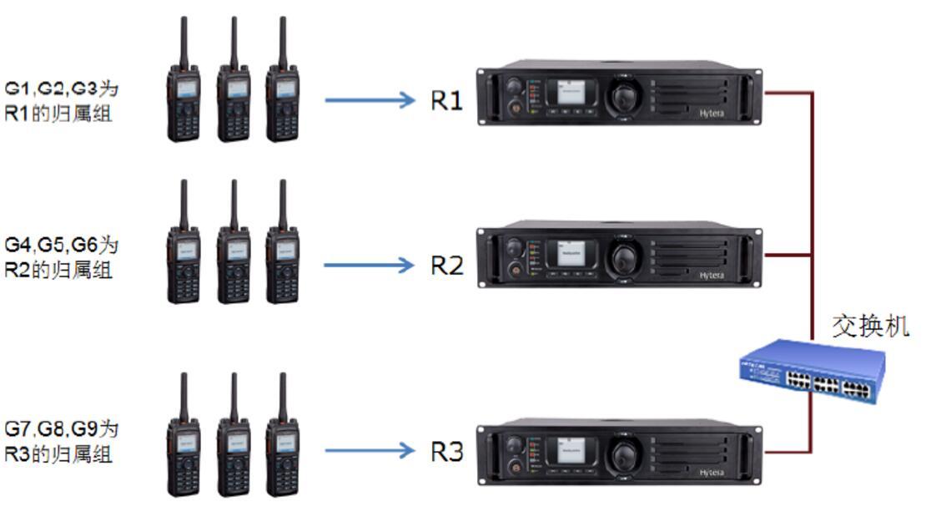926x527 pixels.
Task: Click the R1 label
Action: (x=446, y=101)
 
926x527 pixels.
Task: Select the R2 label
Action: (x=446, y=266)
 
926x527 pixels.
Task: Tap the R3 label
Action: (x=446, y=452)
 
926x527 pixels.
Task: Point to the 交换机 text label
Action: (x=870, y=326)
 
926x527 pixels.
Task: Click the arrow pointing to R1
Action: (x=370, y=101)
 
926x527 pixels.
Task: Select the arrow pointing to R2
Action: (x=370, y=266)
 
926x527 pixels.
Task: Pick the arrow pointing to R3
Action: (x=370, y=452)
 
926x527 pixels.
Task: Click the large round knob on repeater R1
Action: (x=624, y=98)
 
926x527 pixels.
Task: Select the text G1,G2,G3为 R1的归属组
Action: (x=61, y=100)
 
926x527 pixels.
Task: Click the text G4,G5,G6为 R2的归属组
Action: (x=61, y=257)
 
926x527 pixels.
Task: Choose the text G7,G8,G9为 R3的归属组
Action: (x=61, y=442)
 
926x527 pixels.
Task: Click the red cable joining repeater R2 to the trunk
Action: (x=788, y=254)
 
